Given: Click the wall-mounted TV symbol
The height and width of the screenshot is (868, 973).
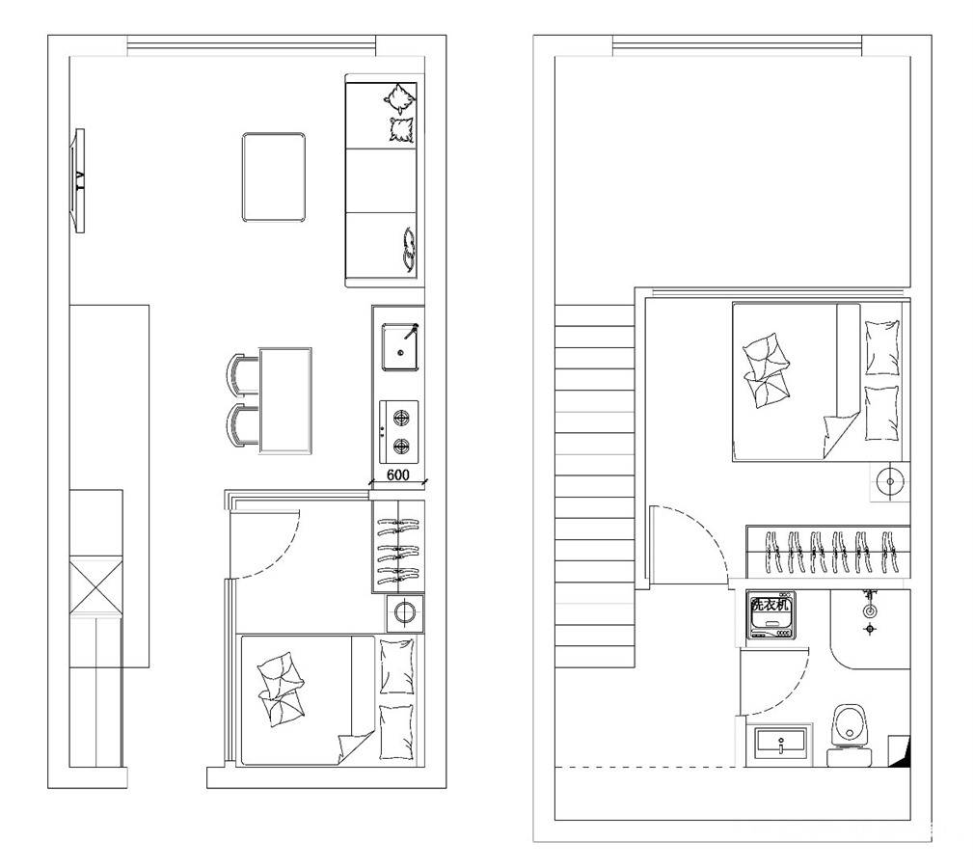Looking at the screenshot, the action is pos(79,180).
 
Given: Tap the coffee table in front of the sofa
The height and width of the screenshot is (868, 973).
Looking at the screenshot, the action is pos(274,176).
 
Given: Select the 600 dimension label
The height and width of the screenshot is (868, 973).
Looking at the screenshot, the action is pos(397,475).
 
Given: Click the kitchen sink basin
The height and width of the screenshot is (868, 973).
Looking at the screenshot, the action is pos(400,347).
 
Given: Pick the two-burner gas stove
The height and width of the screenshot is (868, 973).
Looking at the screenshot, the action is pos(399,432).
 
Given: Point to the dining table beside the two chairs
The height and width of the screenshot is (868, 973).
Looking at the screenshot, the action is pos(285,400).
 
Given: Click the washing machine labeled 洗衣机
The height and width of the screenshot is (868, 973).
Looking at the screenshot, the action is pos(770,615).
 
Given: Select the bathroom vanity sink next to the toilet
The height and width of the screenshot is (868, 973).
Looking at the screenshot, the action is pos(780,744).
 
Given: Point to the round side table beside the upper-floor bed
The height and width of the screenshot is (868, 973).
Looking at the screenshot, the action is pos(890,481).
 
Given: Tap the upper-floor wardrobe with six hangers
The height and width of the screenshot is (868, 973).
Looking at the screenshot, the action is pos(828,552).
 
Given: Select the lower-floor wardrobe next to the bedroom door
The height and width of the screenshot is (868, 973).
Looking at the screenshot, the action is pos(398,547).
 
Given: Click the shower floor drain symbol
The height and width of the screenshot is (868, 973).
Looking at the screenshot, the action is pos(870,629).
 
